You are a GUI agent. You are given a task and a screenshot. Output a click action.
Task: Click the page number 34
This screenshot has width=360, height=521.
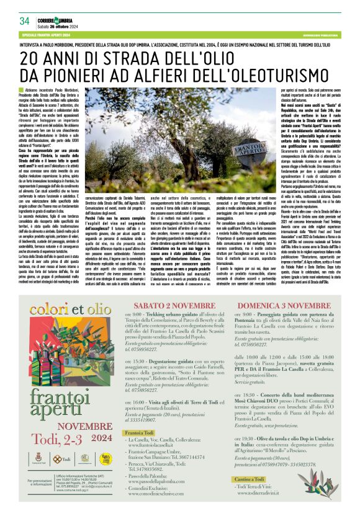25,20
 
